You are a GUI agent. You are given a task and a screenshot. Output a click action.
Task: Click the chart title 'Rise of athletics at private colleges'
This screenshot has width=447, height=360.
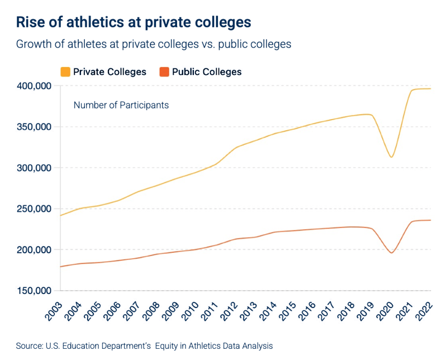point(133,22)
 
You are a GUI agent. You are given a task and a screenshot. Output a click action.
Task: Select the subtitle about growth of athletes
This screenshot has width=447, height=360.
point(154,44)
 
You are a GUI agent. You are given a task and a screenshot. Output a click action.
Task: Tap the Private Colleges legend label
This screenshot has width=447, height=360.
point(110,72)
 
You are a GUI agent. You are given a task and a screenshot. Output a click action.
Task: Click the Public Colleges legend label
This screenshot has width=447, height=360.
point(207,72)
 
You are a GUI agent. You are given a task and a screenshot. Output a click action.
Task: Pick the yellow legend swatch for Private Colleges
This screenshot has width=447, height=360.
point(65,72)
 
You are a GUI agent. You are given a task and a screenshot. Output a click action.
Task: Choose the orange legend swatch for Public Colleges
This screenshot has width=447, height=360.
point(164,72)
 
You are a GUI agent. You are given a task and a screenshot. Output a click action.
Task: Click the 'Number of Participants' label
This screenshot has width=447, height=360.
point(121,105)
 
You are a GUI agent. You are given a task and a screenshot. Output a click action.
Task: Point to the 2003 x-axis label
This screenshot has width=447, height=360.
point(55,310)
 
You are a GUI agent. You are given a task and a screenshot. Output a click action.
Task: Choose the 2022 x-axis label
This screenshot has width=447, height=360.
point(426,310)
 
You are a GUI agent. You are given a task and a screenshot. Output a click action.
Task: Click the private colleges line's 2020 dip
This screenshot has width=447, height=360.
point(392,157)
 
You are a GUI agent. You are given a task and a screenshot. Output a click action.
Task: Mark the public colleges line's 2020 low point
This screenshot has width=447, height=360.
point(392,253)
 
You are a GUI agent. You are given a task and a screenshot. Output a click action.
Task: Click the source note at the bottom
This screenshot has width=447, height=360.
point(144,346)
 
